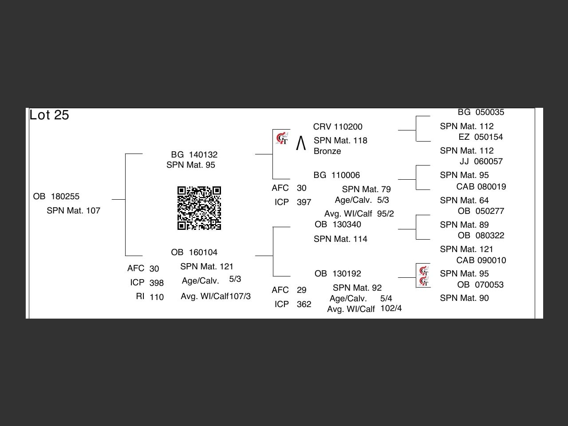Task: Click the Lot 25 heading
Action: [49, 115]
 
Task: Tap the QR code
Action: [199, 208]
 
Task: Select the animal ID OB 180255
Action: [56, 196]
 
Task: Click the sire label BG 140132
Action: [194, 154]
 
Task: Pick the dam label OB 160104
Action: [194, 252]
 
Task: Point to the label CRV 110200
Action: [338, 126]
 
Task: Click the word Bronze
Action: [327, 151]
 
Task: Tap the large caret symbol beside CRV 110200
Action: [301, 143]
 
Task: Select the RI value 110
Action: [157, 297]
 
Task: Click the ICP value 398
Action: [157, 283]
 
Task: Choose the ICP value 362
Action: [304, 304]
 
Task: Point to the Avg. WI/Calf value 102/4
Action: [391, 308]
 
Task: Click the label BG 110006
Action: [337, 175]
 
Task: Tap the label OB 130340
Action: [338, 224]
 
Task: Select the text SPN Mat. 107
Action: [74, 210]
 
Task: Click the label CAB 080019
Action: [481, 186]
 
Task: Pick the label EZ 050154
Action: [481, 137]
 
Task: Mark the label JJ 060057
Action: [481, 161]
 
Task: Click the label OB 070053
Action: [481, 284]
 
